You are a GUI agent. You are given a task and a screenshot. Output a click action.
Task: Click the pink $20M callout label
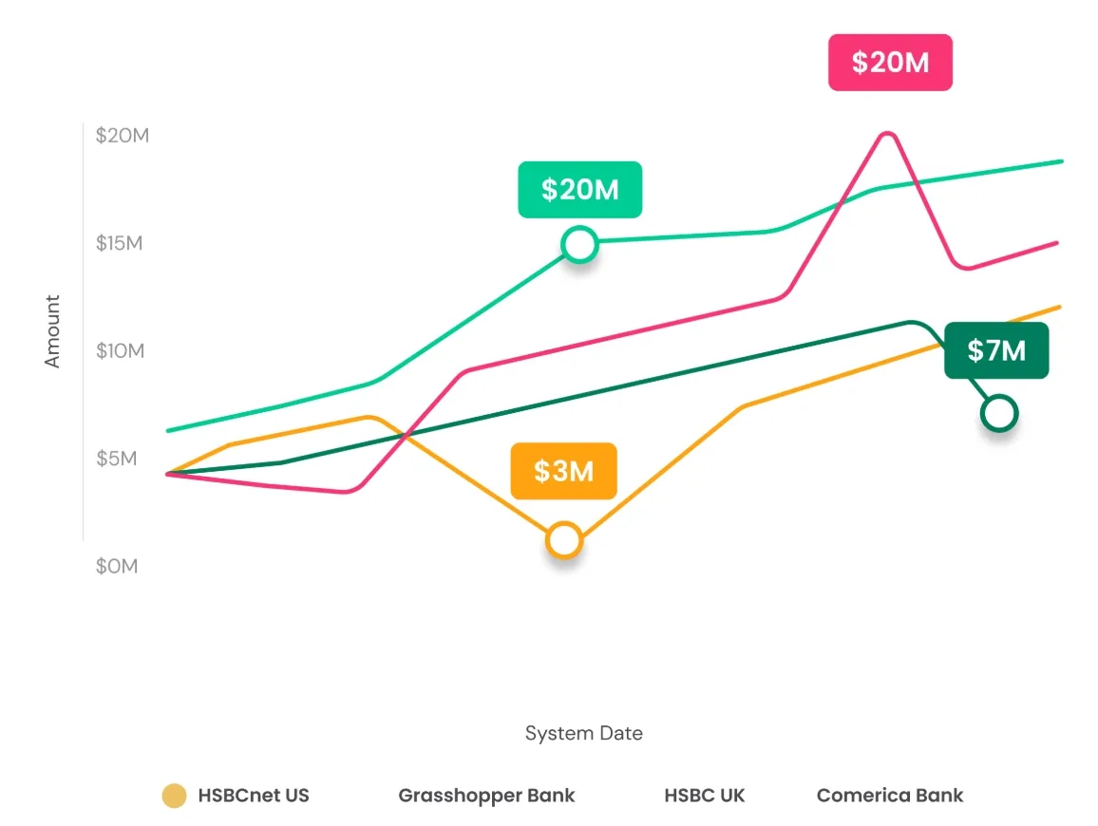point(890,63)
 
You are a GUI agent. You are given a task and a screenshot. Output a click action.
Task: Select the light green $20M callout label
point(579,190)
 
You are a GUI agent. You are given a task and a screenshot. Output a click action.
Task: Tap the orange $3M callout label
point(563,471)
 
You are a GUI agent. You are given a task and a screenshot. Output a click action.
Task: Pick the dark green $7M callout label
point(996,350)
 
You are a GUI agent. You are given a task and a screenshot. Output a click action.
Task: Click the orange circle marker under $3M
point(564,540)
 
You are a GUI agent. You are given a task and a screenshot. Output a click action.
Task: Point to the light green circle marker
point(579,245)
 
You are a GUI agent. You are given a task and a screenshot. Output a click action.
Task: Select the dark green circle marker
point(999,413)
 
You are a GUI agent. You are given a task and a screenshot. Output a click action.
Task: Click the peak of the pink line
point(887,134)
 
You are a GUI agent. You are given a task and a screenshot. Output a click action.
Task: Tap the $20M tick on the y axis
point(123,135)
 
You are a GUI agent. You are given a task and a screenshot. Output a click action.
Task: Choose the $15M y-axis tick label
point(120,243)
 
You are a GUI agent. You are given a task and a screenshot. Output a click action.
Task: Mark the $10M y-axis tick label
point(120,351)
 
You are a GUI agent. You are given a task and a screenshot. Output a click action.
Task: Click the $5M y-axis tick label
point(117,459)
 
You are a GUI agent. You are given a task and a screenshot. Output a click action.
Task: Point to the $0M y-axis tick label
point(117,567)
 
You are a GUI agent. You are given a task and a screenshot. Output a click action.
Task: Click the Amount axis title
point(52,331)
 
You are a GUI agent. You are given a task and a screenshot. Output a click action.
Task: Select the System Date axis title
point(583,733)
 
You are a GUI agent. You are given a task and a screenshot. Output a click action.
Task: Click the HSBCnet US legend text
point(254,796)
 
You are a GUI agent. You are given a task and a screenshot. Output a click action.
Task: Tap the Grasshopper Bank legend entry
point(486,796)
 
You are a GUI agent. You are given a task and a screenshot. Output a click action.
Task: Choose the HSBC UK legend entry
point(704,796)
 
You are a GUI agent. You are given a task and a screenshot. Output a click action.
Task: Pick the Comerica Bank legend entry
point(890,796)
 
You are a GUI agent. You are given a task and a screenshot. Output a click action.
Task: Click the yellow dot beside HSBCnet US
point(174,796)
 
